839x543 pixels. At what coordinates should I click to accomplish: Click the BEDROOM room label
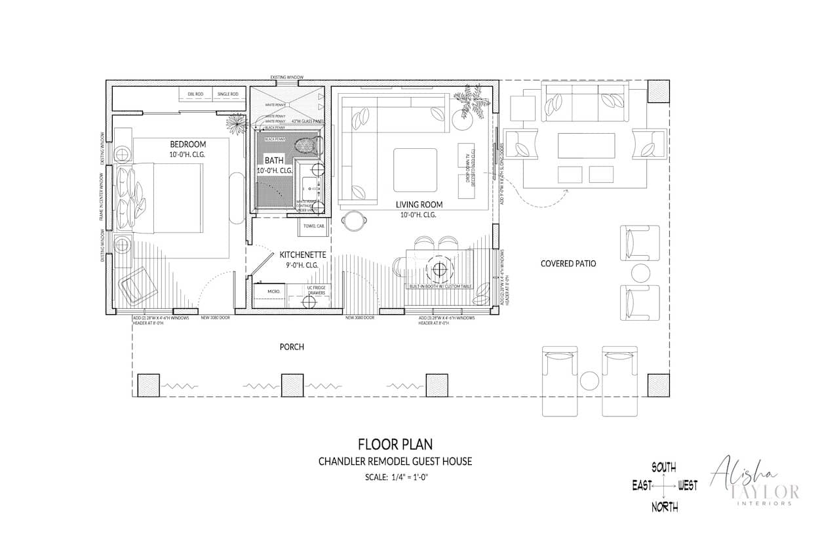(x=188, y=144)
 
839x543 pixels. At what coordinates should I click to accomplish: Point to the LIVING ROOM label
(x=419, y=204)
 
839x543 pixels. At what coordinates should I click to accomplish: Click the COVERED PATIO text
(x=568, y=264)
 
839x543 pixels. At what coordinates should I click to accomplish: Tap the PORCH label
(x=292, y=346)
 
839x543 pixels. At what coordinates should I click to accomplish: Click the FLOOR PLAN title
(x=395, y=445)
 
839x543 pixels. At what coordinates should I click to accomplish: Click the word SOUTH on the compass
(x=664, y=468)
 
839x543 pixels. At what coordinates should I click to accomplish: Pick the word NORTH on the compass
(x=664, y=506)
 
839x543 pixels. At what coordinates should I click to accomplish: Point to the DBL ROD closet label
(x=195, y=94)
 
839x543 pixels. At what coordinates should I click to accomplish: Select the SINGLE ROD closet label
(x=227, y=94)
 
